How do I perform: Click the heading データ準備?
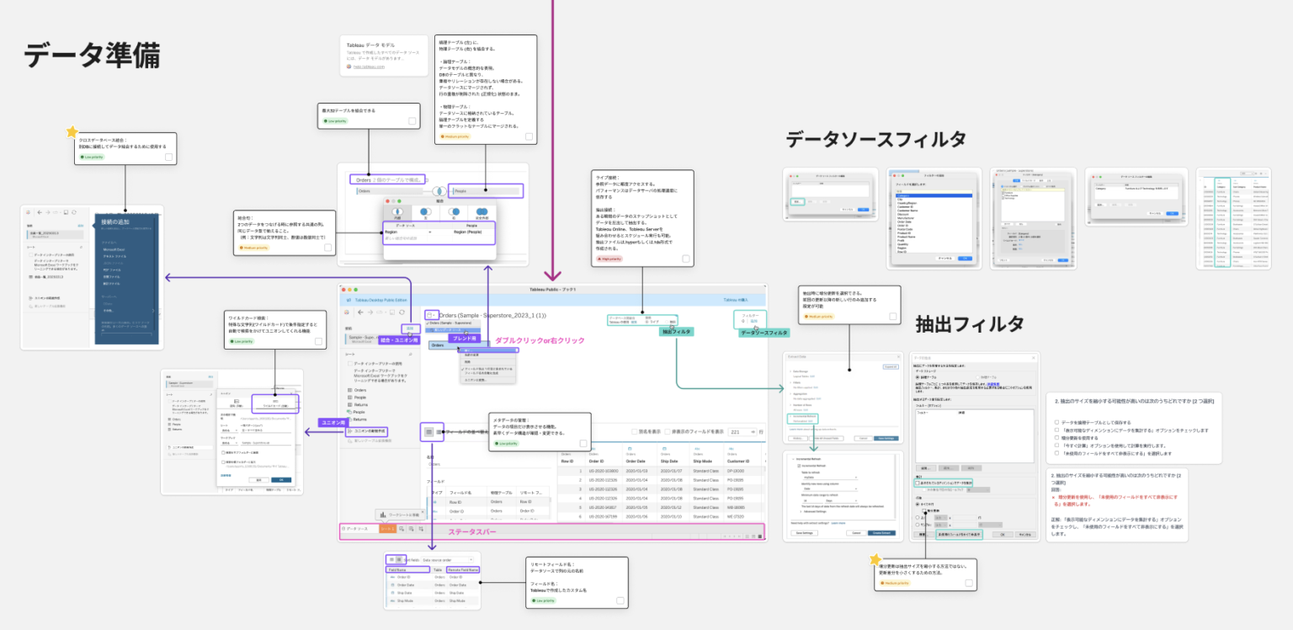click(92, 56)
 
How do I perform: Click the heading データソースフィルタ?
click(875, 139)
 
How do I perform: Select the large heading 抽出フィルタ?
click(970, 323)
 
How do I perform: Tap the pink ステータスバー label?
click(471, 532)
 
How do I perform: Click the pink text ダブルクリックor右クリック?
click(540, 340)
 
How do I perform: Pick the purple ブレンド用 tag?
click(466, 338)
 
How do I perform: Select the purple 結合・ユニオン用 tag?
click(400, 340)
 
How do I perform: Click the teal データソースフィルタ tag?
click(764, 333)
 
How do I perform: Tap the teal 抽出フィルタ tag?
click(676, 332)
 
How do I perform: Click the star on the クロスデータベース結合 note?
click(72, 132)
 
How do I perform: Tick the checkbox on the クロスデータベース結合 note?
click(169, 157)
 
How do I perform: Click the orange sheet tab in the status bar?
click(387, 528)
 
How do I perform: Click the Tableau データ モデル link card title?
click(370, 44)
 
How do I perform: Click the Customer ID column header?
click(742, 461)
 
